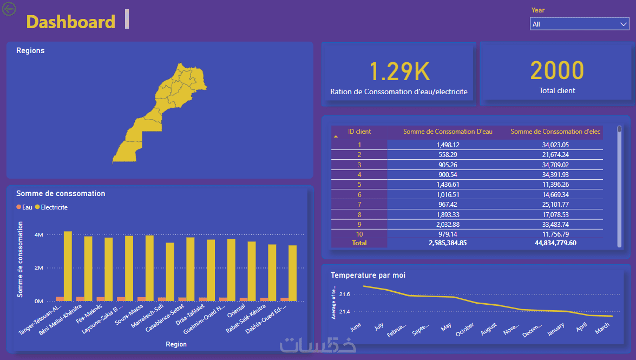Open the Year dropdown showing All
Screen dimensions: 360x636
coord(579,24)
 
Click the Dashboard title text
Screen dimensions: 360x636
coord(70,22)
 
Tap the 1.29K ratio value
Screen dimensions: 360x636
coord(399,71)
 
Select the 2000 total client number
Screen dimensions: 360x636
coord(557,71)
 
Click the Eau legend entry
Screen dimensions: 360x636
coord(25,207)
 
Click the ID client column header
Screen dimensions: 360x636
coord(359,132)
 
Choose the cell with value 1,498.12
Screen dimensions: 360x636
coord(448,145)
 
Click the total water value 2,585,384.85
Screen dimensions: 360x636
coord(447,243)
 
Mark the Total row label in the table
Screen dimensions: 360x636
coord(359,243)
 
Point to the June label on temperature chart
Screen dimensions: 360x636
coord(356,328)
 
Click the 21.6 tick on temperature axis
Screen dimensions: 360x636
coord(345,294)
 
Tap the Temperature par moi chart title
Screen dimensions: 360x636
coord(368,275)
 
